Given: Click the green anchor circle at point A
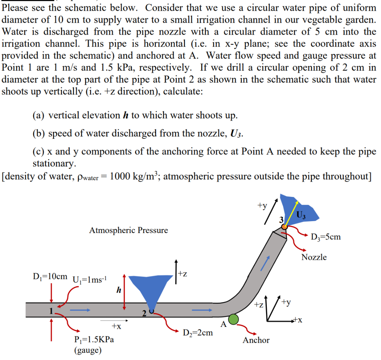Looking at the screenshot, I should [233, 319].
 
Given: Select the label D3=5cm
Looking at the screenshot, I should [326, 237].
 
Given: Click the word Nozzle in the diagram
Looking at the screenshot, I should [314, 257].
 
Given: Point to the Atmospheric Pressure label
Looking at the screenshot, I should [128, 230].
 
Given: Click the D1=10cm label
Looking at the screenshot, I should [50, 277].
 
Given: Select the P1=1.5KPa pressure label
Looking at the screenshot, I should [94, 339].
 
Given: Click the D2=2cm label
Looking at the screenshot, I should [198, 332].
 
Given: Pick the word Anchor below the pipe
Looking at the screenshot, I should [256, 340].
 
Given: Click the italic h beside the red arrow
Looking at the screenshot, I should [119, 290].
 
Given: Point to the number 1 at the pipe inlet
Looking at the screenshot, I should [52, 311].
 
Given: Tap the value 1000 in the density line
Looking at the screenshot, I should [124, 176].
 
